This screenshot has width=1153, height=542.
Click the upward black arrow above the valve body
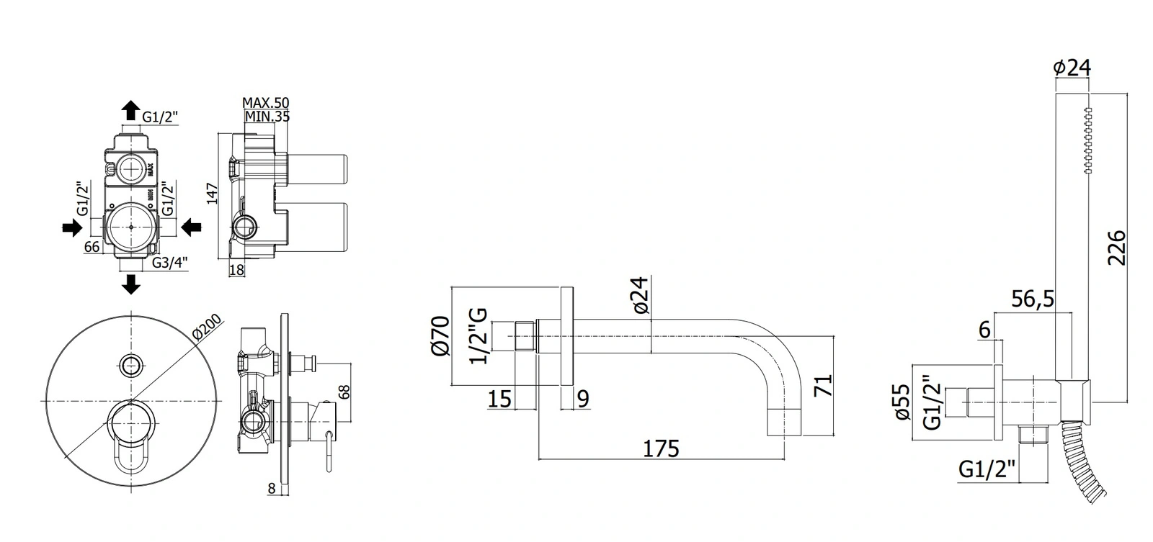(x=130, y=110)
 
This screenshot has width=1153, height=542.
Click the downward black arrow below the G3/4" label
(x=131, y=284)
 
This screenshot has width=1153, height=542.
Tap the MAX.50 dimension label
(x=266, y=103)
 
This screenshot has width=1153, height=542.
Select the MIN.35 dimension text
(x=267, y=116)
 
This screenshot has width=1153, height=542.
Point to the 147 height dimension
(x=213, y=194)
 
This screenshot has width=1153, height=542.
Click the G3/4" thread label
(x=170, y=263)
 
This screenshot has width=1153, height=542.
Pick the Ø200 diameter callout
(x=206, y=327)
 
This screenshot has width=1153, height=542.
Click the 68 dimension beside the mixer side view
(x=345, y=392)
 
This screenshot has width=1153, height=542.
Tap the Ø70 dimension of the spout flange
(x=440, y=336)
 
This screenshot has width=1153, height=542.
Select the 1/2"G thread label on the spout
(x=478, y=336)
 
